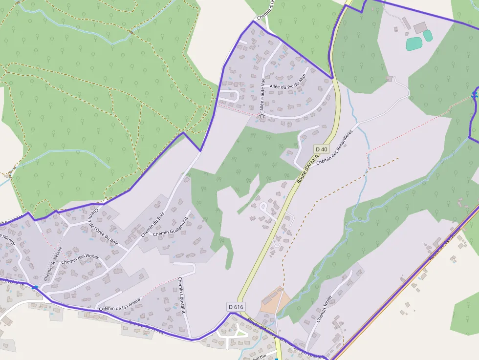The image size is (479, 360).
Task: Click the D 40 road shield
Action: tap(321, 149)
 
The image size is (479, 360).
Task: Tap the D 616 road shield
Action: tap(236, 306)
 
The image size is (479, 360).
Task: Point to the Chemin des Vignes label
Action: tap(80, 259)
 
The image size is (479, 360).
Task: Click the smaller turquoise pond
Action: tap(428, 36)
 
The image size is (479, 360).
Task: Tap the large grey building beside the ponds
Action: tap(420, 27)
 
